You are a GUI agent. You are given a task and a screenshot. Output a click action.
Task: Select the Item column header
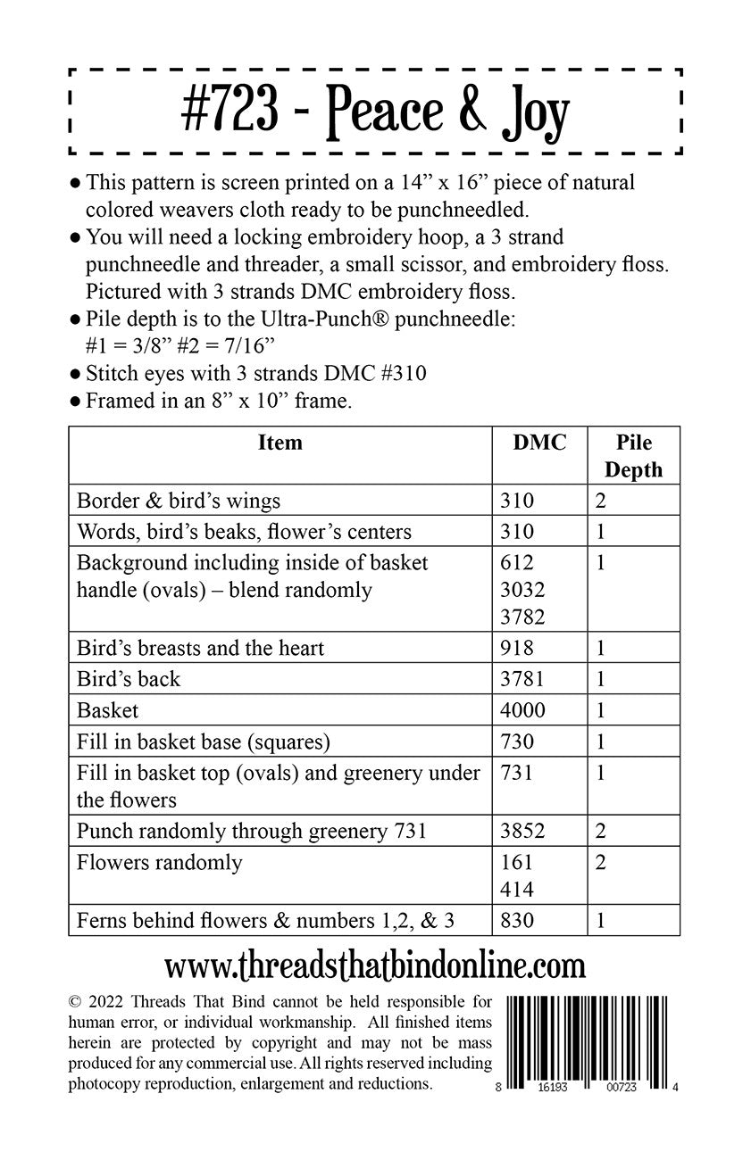[280, 443]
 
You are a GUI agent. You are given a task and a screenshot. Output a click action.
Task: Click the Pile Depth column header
[634, 456]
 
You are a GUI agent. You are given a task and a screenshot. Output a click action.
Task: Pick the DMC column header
[539, 443]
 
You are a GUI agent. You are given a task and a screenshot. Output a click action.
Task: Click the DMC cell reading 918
[517, 648]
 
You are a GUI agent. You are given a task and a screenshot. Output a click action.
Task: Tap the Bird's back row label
[129, 679]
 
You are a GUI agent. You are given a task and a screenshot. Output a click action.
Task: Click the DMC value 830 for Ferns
[517, 920]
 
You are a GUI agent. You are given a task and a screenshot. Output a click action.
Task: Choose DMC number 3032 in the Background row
[523, 590]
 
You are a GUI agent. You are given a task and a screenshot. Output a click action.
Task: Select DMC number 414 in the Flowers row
[517, 889]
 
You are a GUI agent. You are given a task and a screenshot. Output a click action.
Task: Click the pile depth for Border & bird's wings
[601, 501]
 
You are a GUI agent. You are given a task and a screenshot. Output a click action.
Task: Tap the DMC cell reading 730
[517, 742]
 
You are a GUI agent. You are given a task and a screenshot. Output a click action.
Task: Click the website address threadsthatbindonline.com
[375, 965]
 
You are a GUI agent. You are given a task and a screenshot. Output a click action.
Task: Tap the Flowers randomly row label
[160, 862]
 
